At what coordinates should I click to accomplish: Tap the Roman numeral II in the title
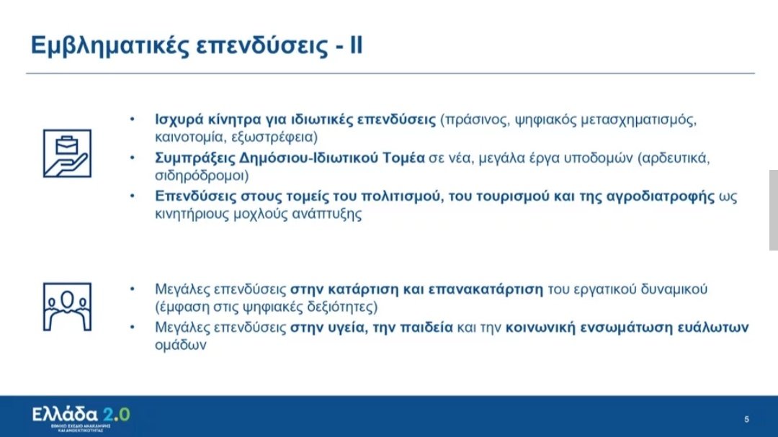coord(356,45)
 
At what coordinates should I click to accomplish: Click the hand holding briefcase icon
coord(66,153)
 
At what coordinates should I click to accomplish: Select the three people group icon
coord(66,305)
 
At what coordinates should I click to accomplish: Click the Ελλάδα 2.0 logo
coord(81,415)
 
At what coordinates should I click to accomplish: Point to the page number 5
coord(746,418)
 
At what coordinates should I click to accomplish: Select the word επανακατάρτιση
coord(487,289)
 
